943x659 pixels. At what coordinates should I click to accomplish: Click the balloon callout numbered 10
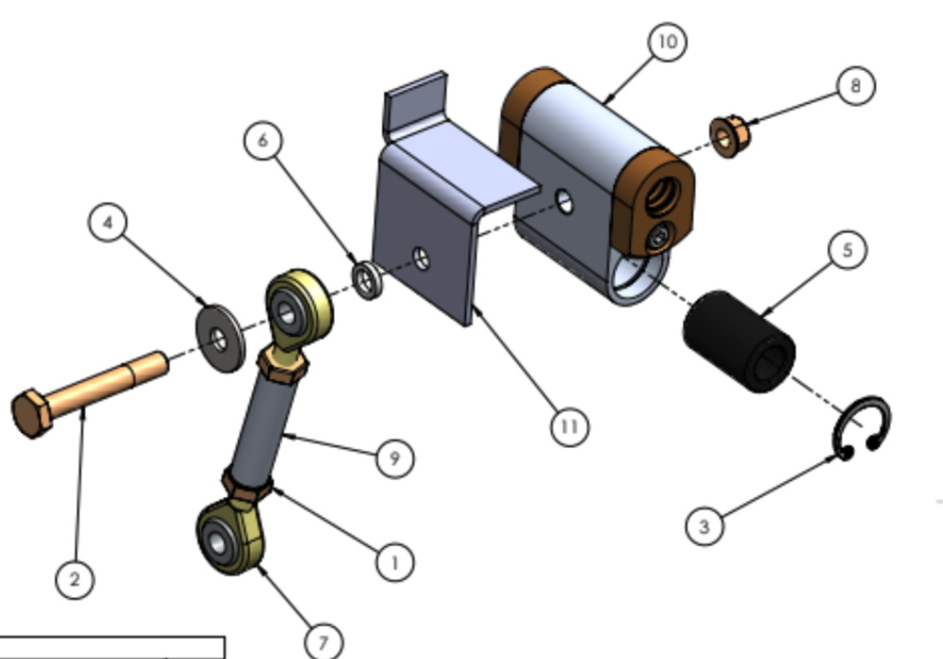pos(668,42)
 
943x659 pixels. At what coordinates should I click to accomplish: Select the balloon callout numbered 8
pos(856,86)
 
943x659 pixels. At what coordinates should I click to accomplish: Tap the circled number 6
pos(263,140)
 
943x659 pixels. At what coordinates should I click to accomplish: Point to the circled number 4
pos(108,223)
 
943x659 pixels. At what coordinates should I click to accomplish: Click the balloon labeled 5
pos(847,250)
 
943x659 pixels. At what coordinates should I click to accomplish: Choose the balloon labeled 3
pos(705,527)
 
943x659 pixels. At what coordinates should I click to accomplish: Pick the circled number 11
pos(569,426)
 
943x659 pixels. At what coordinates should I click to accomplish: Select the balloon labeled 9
pos(394,459)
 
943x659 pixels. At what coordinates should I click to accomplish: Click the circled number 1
pos(394,563)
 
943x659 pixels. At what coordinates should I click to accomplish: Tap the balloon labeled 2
pos(75,580)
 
